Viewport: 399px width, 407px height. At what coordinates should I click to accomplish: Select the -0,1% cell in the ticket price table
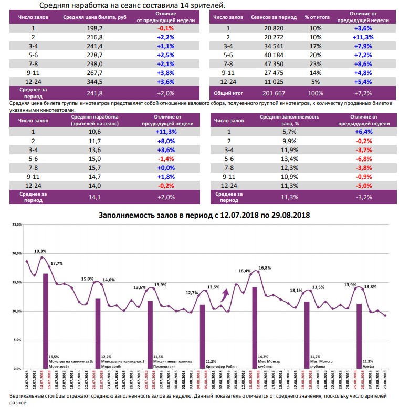[165, 28]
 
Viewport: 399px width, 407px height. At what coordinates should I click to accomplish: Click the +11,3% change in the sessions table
[364, 37]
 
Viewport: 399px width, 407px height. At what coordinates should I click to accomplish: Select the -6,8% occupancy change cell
[364, 158]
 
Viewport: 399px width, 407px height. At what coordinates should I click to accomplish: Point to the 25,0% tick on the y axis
[15, 224]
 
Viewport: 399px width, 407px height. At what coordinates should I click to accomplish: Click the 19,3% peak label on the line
[40, 251]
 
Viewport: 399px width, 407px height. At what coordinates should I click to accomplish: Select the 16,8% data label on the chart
[265, 268]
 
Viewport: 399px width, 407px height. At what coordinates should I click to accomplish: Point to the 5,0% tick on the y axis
[16, 340]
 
